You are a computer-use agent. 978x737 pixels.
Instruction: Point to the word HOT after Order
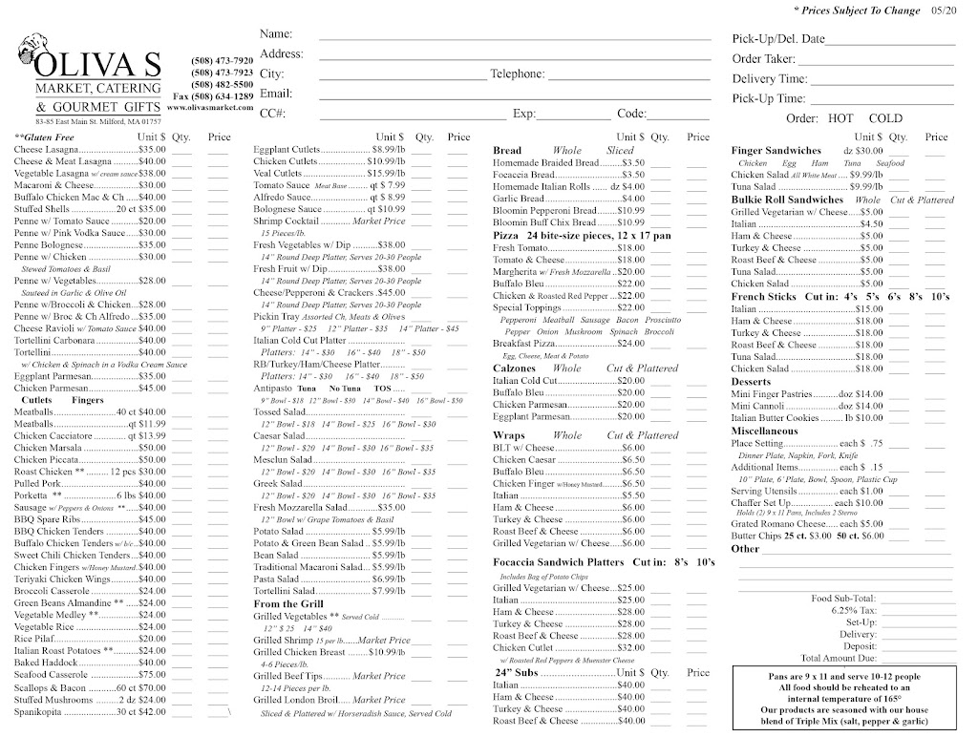coord(840,118)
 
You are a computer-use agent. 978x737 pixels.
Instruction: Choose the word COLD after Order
coord(885,118)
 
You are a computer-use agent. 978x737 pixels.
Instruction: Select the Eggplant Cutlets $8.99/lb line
coord(315,150)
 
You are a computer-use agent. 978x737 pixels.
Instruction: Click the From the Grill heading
coord(289,603)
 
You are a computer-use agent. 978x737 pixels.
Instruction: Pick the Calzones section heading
coord(516,368)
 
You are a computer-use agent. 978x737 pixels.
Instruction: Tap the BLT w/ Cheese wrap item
coord(523,448)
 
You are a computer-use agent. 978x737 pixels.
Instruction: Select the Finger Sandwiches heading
coord(776,151)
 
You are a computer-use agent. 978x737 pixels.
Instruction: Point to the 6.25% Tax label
coord(852,609)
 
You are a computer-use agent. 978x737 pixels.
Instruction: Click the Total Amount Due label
coord(839,658)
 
